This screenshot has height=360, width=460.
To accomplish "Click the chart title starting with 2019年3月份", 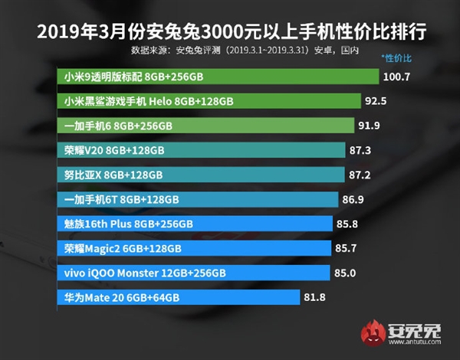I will [230, 33].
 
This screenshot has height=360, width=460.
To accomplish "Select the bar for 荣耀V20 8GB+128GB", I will [200, 150].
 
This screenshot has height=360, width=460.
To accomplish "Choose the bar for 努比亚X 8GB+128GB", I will [199, 175].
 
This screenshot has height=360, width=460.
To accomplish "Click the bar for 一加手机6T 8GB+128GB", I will [198, 199].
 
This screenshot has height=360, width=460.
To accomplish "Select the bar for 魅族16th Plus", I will [195, 224].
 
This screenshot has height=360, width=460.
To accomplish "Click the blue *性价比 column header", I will [396, 58].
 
